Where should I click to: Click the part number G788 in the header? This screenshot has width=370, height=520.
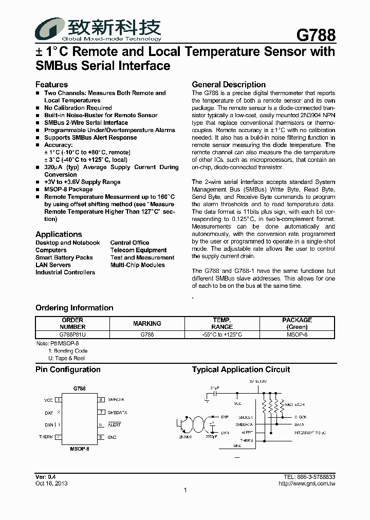[x=316, y=35]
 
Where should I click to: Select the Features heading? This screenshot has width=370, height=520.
[x=51, y=84]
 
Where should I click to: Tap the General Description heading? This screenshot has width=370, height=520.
[x=229, y=84]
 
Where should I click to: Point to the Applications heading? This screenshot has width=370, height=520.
[x=59, y=234]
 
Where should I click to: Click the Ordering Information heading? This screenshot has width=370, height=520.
[x=75, y=308]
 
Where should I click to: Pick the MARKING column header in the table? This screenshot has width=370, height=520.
[x=147, y=323]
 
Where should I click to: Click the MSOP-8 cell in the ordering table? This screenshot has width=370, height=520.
[x=297, y=335]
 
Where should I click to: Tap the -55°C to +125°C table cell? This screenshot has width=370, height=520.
[x=222, y=335]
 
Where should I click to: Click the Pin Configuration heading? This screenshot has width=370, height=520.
[x=68, y=369]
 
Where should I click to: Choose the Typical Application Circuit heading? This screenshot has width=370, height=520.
[x=241, y=369]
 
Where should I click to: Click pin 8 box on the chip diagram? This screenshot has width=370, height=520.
[x=102, y=399]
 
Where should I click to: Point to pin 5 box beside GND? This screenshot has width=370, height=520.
[x=102, y=437]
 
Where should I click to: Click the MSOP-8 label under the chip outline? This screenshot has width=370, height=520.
[x=80, y=449]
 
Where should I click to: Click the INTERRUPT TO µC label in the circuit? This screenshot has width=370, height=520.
[x=310, y=433]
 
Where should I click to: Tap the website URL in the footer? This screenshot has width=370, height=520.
[x=307, y=484]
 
